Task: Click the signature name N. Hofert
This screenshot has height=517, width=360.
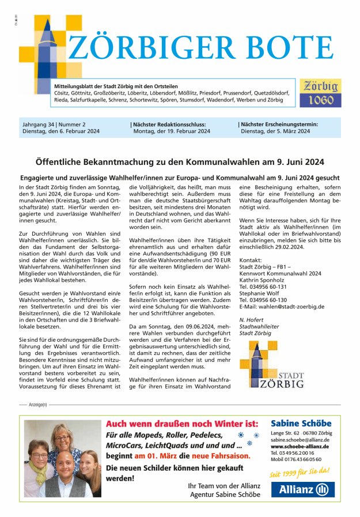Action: pyautogui.click(x=252, y=319)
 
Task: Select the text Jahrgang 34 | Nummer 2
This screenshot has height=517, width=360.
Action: pyautogui.click(x=52, y=124)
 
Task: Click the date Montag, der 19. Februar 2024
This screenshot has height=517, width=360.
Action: pyautogui.click(x=172, y=131)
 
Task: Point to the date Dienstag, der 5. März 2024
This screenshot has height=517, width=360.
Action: pyautogui.click(x=275, y=131)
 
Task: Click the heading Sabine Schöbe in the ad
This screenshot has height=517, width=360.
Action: pyautogui.click(x=301, y=424)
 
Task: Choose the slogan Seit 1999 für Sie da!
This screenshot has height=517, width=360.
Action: pyautogui.click(x=300, y=472)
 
